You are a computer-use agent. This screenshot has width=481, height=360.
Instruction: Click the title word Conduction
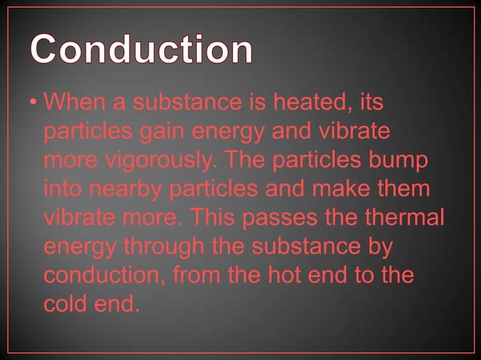(x=142, y=49)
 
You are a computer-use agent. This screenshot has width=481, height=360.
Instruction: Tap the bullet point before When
(x=34, y=102)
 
